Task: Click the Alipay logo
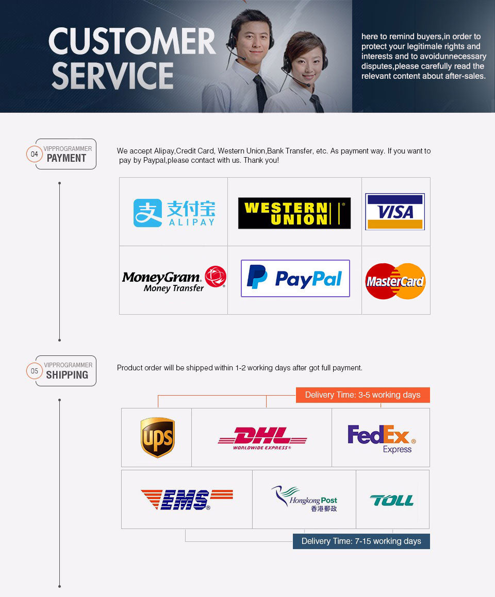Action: [174, 213]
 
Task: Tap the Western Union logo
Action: [294, 213]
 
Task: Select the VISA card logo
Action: [395, 212]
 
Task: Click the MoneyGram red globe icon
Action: [216, 277]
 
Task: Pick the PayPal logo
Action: [295, 278]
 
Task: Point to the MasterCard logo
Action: [395, 281]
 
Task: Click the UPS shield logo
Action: [157, 437]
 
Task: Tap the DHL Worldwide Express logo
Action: [262, 438]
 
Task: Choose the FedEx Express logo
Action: [382, 439]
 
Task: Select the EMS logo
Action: [187, 500]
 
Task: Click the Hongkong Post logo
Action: [304, 499]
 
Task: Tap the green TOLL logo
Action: [392, 500]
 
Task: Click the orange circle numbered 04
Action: [35, 154]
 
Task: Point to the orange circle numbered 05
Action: [35, 371]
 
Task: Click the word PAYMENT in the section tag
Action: [67, 158]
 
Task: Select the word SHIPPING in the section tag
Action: [67, 375]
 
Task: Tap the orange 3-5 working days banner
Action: [363, 395]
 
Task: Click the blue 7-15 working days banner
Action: [361, 541]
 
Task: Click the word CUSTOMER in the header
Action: [132, 41]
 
